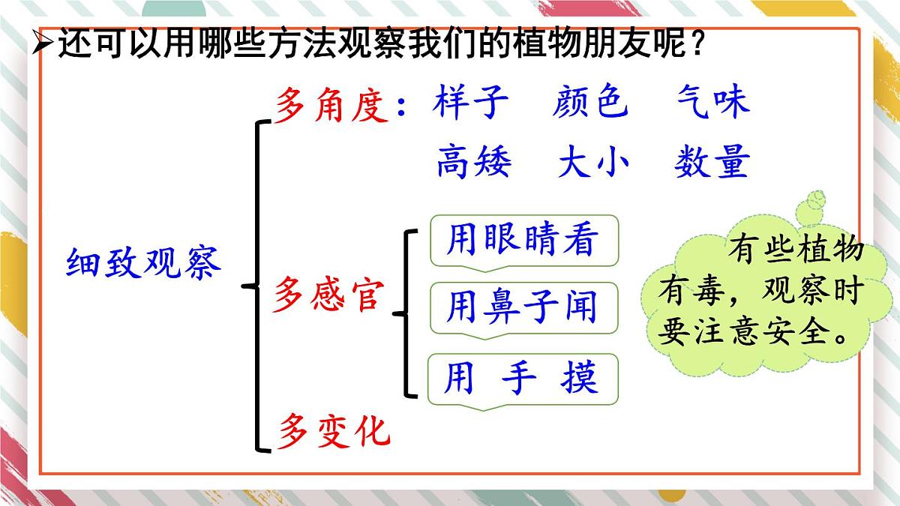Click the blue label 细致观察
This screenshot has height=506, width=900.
coord(144,263)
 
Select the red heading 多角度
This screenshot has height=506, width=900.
coord(331,105)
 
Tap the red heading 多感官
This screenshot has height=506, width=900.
coord(328,294)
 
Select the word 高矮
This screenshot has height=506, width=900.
coord(473,161)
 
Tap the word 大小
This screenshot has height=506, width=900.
coord(592,161)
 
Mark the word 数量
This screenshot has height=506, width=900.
coord(712,161)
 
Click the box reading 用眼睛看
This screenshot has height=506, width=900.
coord(523,241)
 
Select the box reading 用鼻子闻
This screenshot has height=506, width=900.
coord(523,307)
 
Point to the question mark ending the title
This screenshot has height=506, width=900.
coord(697,46)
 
